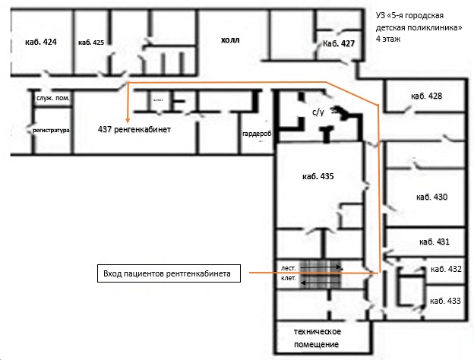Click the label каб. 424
pyautogui.click(x=41, y=43)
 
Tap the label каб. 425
pyautogui.click(x=90, y=43)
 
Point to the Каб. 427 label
pyautogui.click(x=339, y=44)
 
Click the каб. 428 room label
pyautogui.click(x=426, y=96)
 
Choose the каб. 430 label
pyautogui.click(x=431, y=197)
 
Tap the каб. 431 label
pyautogui.click(x=434, y=242)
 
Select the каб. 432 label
pyautogui.click(x=445, y=270)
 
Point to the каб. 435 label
pyautogui.click(x=318, y=175)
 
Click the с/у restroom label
pyautogui.click(x=318, y=112)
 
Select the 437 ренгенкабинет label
pyautogui.click(x=134, y=130)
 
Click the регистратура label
pyautogui.click(x=52, y=131)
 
